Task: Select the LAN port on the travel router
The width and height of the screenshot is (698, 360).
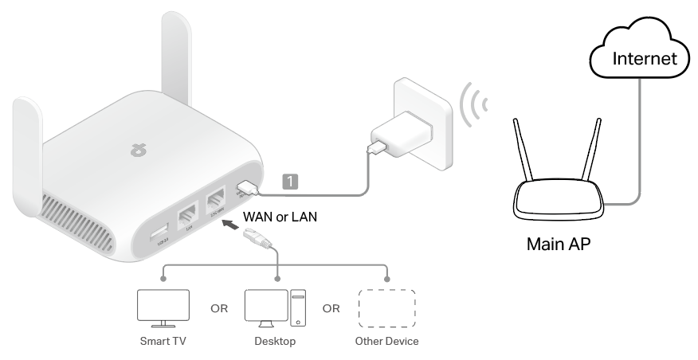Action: [187, 218]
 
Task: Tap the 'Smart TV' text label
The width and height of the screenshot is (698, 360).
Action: [163, 342]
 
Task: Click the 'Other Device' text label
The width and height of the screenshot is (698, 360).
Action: [387, 342]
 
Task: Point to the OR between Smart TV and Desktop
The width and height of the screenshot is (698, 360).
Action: [215, 307]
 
